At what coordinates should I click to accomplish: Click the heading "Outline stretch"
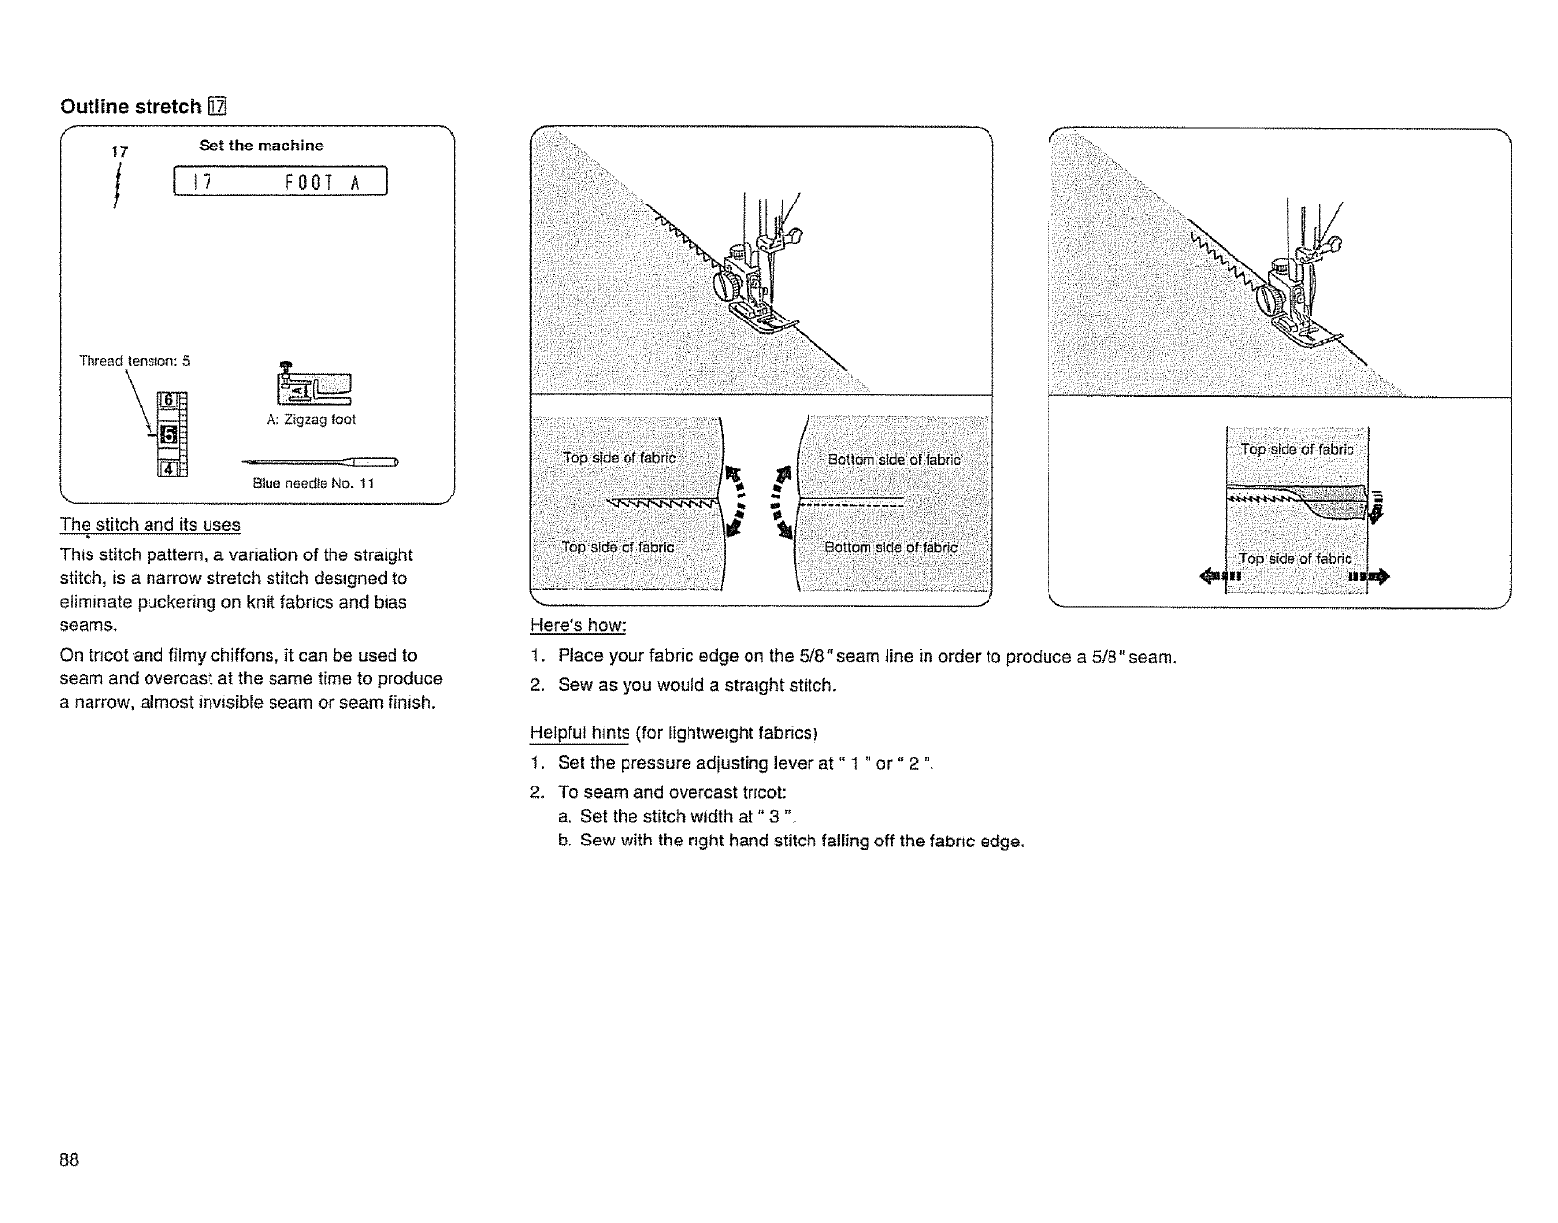coord(131,107)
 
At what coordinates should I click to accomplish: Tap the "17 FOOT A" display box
coord(280,184)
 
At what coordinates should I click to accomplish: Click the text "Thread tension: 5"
coord(134,361)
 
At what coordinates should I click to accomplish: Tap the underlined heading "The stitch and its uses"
coord(150,524)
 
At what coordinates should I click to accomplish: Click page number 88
coord(69,1159)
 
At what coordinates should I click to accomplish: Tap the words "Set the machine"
coord(261,146)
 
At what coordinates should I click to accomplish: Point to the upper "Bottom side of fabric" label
coord(894,459)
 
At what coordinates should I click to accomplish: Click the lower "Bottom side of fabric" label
coord(891,547)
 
